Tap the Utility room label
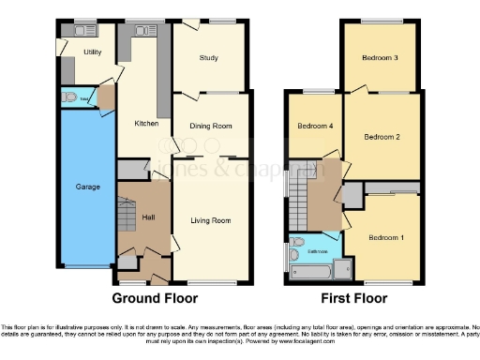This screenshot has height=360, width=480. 92,52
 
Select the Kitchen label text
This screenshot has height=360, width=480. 145,123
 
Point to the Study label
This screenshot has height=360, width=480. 209,58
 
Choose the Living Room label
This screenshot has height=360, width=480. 211,220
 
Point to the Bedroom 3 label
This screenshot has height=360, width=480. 381,58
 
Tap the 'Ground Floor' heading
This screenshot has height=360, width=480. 155,299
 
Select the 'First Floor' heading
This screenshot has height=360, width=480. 354,299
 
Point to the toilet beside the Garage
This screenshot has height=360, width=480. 70,97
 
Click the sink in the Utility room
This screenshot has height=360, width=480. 70,31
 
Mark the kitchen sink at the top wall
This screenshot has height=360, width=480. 142,31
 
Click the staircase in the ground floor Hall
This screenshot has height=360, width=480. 127,214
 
